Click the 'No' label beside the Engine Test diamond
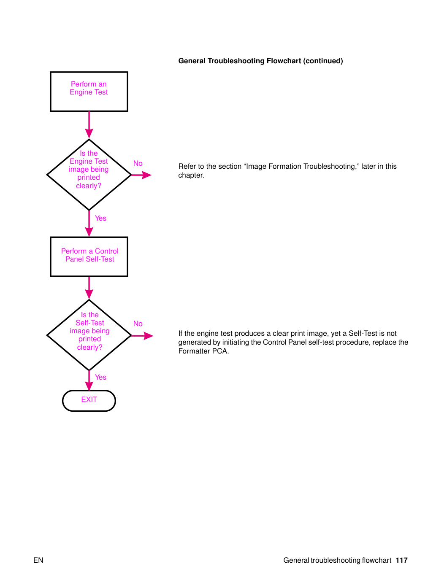tap(138, 163)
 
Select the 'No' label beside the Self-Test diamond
tap(138, 324)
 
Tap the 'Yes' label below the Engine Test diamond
tap(100, 218)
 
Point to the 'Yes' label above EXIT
tap(100, 377)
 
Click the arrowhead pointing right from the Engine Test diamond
tap(146, 175)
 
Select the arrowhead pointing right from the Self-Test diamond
tap(148, 336)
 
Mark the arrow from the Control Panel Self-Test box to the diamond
tap(89, 288)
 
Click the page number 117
tap(401, 560)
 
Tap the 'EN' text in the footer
tap(38, 560)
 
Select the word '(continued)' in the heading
tap(323, 61)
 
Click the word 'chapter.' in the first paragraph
tap(191, 175)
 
